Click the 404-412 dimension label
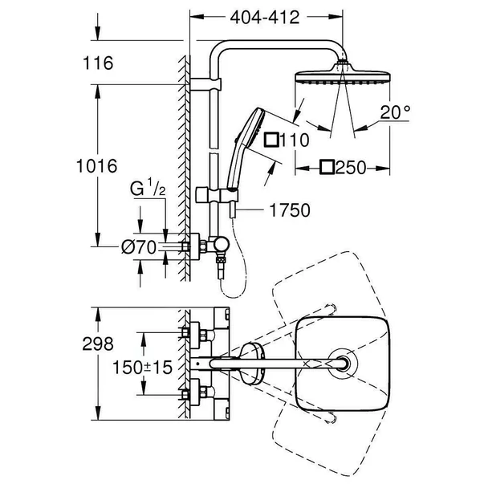265,16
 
